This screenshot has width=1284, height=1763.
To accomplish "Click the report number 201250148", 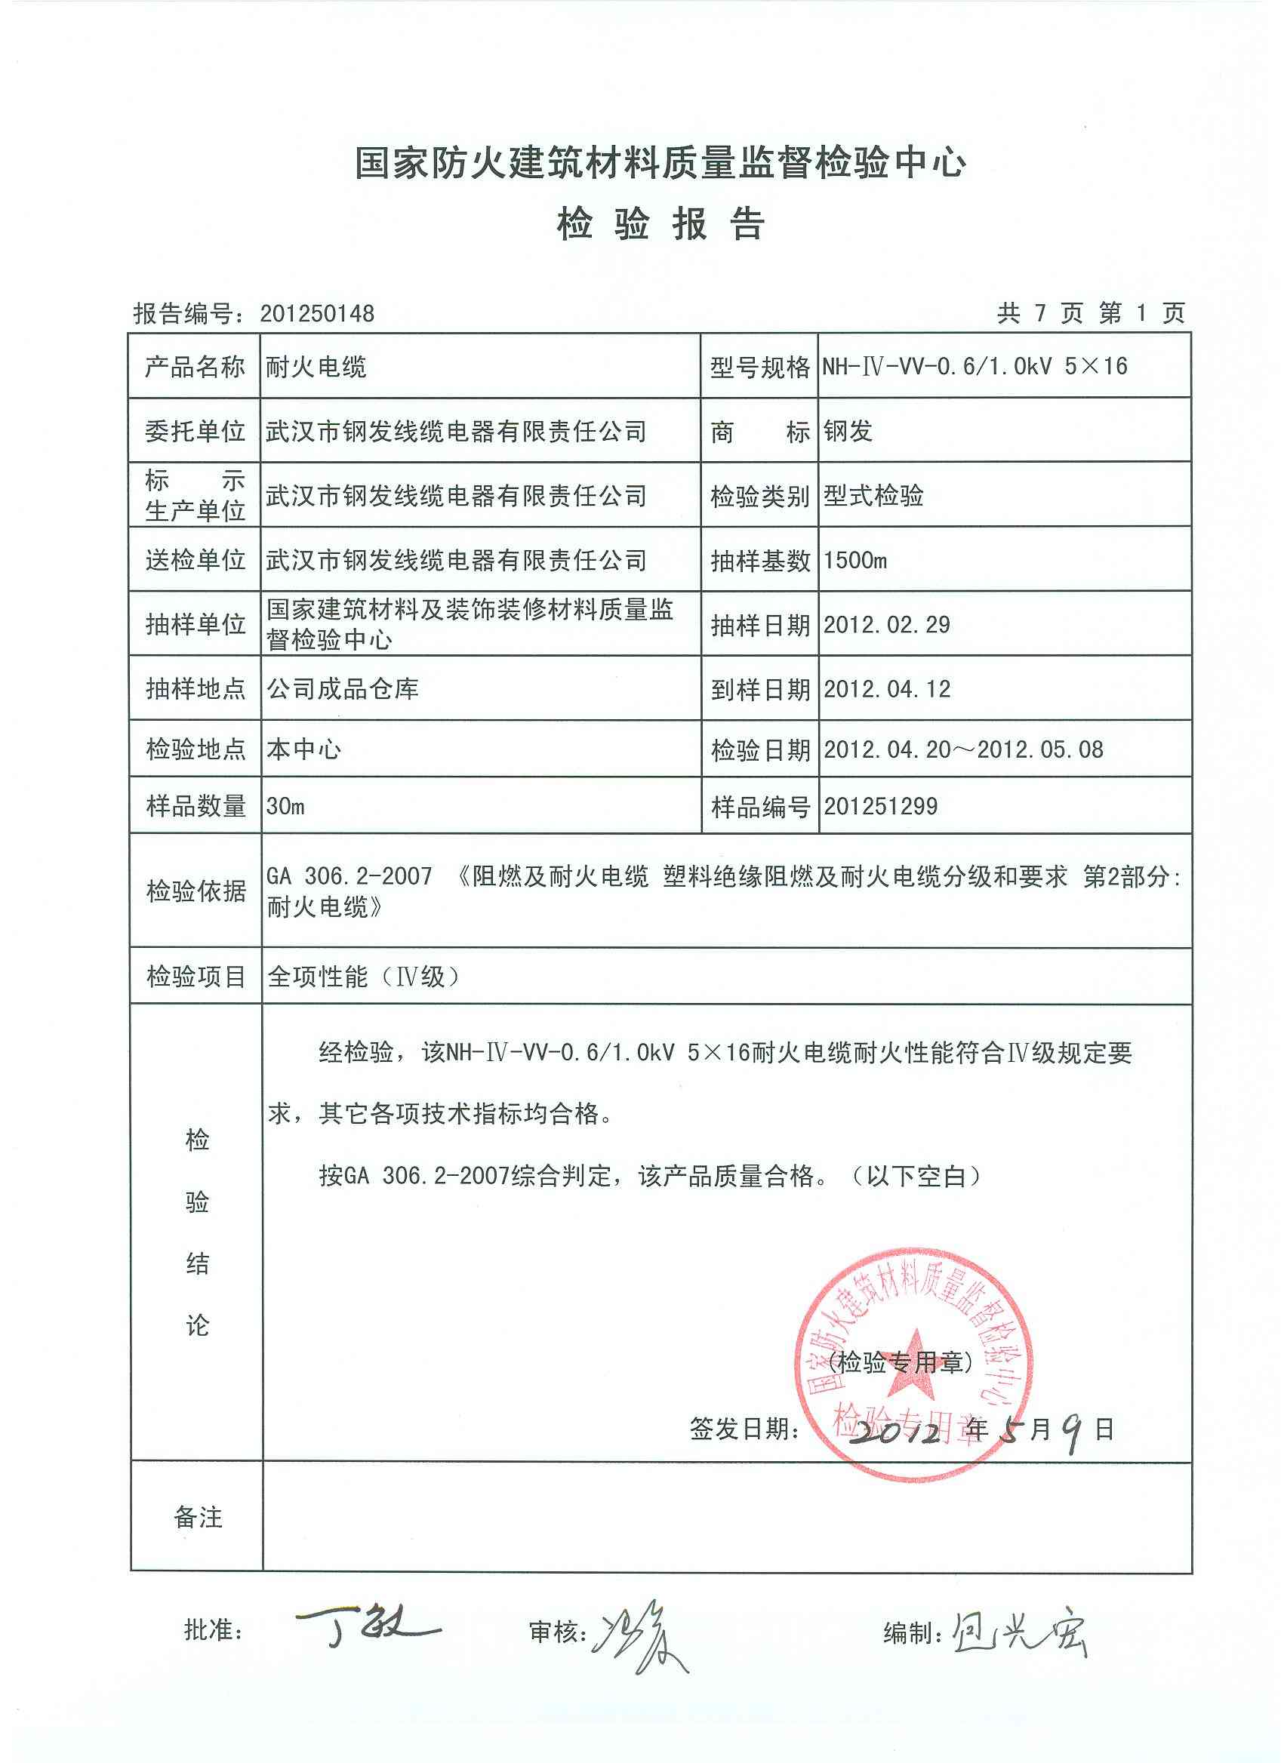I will pos(317,313).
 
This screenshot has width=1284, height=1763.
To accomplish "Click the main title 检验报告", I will pos(660,225).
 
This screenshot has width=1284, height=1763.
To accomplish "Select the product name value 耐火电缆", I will pos(316,366).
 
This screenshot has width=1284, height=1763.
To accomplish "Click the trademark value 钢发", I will pos(848,431).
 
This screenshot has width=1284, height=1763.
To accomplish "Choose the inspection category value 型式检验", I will pos(873,495).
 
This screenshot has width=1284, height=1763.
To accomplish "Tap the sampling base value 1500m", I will pos(854,560).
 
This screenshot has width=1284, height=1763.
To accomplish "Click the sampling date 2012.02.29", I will pos(887,624).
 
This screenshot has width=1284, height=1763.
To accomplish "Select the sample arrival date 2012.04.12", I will pos(887,689).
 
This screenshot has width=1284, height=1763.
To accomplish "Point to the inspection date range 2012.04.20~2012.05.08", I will pos(962,749).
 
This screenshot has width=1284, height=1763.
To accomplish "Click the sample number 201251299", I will pos(880,806).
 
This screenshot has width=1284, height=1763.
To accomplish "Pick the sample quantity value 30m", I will pos(285,806).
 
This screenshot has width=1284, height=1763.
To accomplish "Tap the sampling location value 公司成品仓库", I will pos(342,689).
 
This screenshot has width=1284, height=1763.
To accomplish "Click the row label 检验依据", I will pos(196,891).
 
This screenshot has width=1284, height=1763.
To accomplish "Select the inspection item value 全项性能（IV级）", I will pos(362,977).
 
